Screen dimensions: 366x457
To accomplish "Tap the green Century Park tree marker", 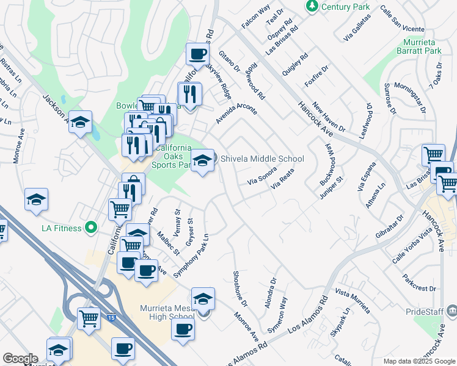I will click(x=312, y=6).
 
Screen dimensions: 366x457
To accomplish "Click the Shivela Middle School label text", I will click(x=262, y=159).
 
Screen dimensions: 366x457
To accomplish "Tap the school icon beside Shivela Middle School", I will click(x=203, y=161).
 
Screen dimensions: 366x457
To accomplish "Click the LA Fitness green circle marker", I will click(x=92, y=228).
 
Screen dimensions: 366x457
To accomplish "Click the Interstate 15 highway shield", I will click(x=111, y=318).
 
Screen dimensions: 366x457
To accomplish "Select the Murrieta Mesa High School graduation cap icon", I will click(x=203, y=299).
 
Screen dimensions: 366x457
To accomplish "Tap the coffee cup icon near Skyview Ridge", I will click(x=197, y=54).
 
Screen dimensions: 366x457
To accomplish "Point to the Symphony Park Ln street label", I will click(x=191, y=256).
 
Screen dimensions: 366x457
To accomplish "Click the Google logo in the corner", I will click(x=20, y=358).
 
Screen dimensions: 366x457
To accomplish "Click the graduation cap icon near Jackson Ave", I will click(x=80, y=123).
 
